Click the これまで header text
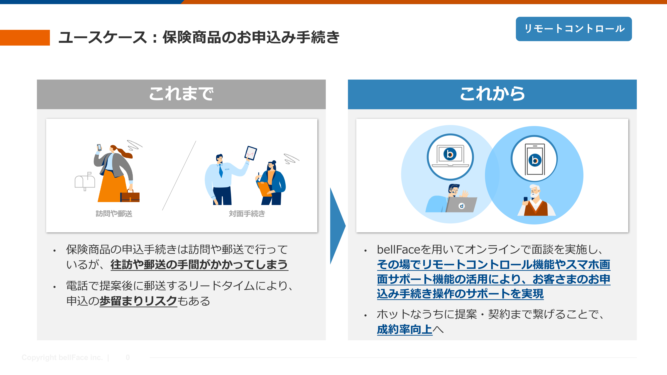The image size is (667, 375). (x=181, y=94)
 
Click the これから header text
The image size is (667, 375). (x=492, y=94)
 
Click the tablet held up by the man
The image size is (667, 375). (x=251, y=153)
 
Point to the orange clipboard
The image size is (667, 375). (x=264, y=189)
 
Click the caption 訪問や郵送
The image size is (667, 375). (x=114, y=213)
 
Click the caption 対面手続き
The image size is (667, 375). (x=247, y=213)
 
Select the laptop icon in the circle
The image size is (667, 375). (x=450, y=156)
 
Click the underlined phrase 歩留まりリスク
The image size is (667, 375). (x=138, y=301)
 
